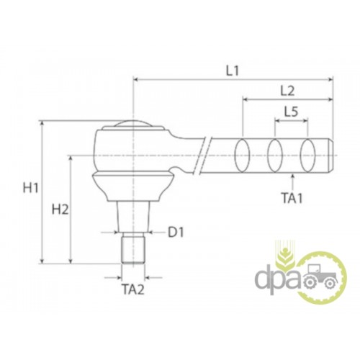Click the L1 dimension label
[233, 71]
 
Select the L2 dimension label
[287, 91]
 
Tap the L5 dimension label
[291, 112]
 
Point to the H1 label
[30, 187]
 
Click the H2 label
[60, 210]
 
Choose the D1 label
[176, 232]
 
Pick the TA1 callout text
[292, 198]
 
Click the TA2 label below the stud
[133, 289]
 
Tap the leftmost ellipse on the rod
[242, 155]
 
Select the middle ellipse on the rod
[275, 155]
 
